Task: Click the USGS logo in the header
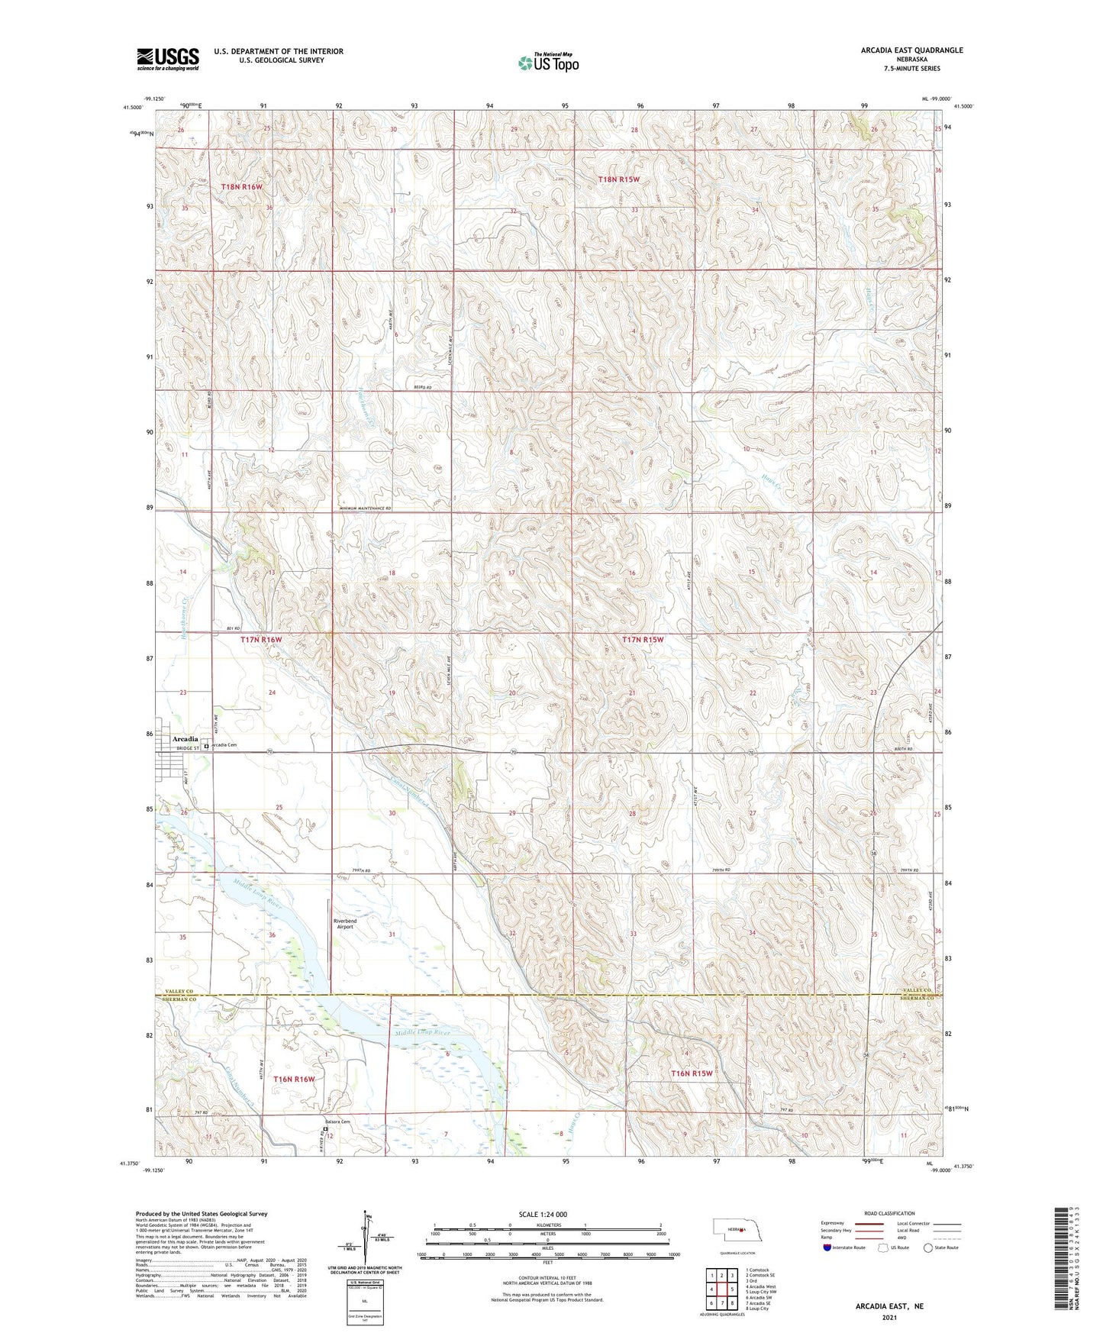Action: (168, 59)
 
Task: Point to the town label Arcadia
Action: (185, 739)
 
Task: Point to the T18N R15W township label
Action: (618, 179)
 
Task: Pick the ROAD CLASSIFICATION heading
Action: (890, 1213)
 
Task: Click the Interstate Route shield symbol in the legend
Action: (828, 1247)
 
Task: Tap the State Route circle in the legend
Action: (927, 1247)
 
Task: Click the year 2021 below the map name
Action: (889, 1317)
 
